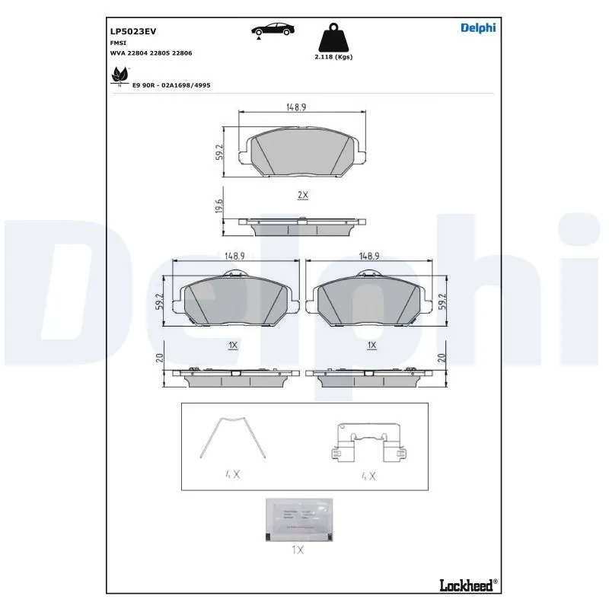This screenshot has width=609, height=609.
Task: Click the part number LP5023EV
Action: point(133,31)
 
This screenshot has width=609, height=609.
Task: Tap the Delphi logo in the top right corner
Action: point(478,28)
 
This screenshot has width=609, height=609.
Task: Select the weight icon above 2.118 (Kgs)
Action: point(333,37)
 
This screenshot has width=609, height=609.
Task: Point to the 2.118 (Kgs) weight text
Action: point(333,57)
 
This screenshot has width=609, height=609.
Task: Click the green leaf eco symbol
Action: point(120,75)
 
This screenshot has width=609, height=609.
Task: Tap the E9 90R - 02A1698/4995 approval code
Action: point(171,86)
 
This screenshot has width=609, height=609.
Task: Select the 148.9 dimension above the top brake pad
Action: point(296,108)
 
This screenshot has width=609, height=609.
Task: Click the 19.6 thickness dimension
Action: point(218,206)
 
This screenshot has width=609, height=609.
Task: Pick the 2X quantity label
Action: point(302,195)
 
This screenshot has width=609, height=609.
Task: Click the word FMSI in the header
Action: point(119,43)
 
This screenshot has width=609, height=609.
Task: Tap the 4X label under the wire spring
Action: point(232,473)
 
